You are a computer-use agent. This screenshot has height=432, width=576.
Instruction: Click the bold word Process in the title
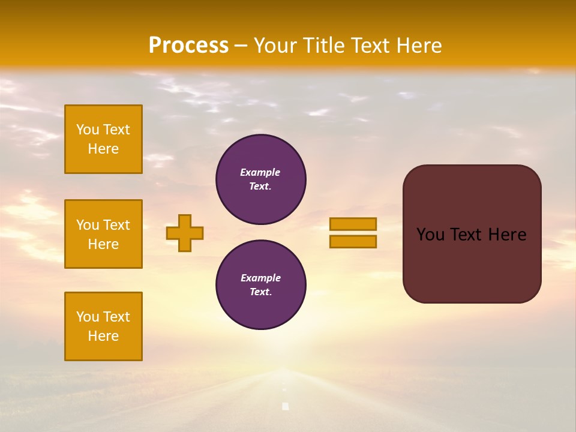tap(188, 46)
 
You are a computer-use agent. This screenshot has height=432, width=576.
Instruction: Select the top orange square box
tap(103, 139)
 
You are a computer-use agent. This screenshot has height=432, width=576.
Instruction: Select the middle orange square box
tap(103, 234)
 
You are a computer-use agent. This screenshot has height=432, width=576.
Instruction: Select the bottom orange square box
tap(103, 326)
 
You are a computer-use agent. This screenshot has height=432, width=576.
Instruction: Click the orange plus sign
tap(185, 233)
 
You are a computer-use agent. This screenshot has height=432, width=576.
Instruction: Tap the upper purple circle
tap(261, 179)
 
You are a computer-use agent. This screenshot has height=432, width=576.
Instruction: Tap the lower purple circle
tap(261, 284)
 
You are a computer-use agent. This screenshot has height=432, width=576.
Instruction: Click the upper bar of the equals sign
tap(353, 224)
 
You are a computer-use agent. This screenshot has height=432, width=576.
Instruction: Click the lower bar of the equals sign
tap(353, 242)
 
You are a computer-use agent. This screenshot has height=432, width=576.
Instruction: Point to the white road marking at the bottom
tap(286, 406)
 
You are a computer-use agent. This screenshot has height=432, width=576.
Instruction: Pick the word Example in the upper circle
tap(260, 172)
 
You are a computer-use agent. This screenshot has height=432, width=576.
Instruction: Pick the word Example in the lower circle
tap(260, 278)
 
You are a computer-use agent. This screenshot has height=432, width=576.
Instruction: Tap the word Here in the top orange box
tap(103, 149)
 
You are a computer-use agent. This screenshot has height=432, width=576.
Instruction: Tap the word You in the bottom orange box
tap(88, 317)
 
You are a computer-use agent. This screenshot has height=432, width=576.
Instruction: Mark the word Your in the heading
tap(272, 46)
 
